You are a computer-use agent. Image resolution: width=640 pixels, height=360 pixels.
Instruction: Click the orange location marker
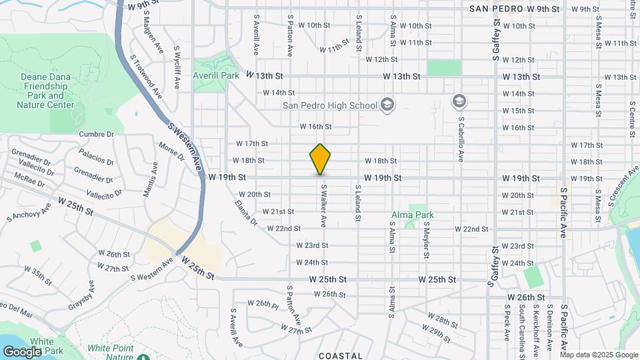[x=320, y=159]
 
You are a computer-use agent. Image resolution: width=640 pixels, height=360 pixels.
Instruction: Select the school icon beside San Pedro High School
[x=387, y=104]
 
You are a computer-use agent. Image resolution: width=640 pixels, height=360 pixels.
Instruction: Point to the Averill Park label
[x=216, y=75]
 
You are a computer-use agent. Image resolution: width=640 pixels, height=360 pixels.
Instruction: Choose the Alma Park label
[x=413, y=215]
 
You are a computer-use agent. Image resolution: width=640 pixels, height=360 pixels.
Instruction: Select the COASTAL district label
[x=341, y=356]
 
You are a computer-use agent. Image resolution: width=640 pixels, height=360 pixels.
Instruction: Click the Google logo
[x=22, y=351]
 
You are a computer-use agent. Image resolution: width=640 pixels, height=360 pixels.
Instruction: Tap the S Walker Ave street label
[x=324, y=205]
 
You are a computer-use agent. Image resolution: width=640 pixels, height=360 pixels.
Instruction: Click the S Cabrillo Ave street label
[x=461, y=140]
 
